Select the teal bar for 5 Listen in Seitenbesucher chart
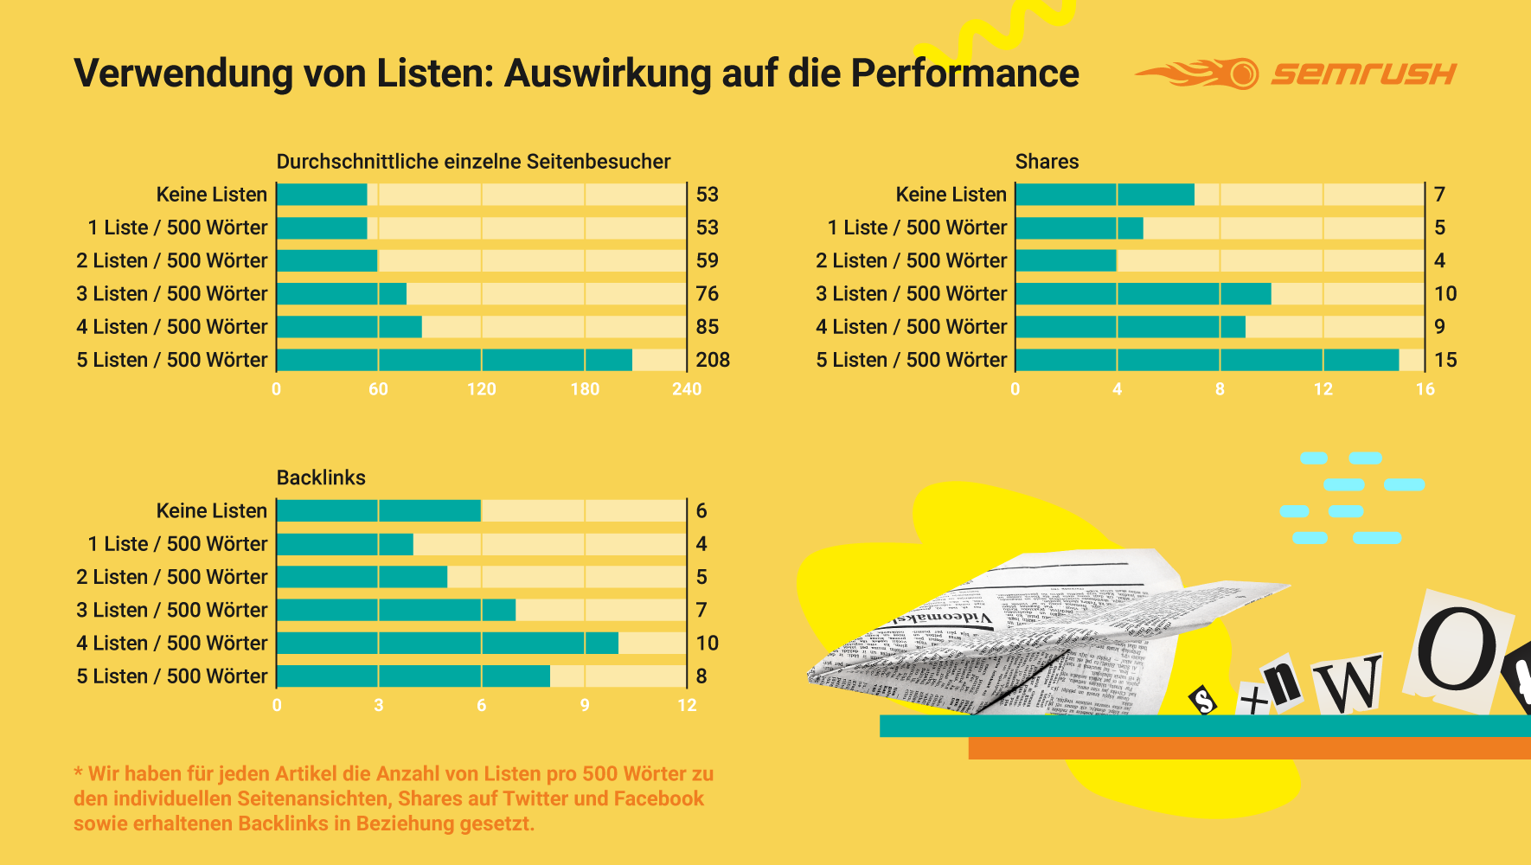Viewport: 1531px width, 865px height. (x=454, y=360)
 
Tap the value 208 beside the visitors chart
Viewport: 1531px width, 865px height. (x=713, y=360)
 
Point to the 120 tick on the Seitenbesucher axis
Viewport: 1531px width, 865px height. (x=481, y=389)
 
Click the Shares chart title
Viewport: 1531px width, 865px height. (x=1047, y=162)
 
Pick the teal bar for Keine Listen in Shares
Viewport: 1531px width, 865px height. (x=1105, y=195)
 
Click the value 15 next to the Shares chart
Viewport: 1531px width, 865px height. (x=1445, y=360)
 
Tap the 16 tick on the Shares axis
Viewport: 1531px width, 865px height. (x=1425, y=389)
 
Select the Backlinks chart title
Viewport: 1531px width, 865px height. (x=321, y=477)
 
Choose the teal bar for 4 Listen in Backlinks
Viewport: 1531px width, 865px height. (x=447, y=643)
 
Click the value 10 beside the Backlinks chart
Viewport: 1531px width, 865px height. (x=707, y=643)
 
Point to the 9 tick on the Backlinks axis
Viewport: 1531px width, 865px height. (x=585, y=705)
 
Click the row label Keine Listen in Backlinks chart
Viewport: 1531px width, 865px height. (x=212, y=511)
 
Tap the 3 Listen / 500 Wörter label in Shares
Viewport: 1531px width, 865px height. (x=911, y=294)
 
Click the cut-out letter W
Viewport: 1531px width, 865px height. (x=1348, y=683)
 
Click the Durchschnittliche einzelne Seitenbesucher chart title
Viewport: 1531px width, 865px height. (x=473, y=162)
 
